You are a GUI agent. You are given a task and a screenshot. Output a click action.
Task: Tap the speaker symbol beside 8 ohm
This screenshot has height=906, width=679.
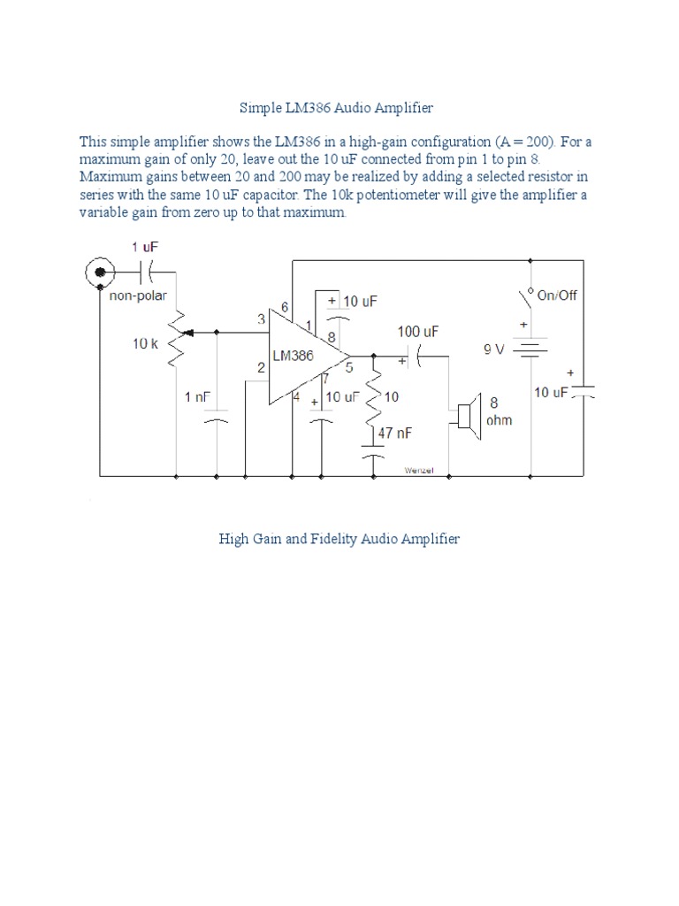click(466, 414)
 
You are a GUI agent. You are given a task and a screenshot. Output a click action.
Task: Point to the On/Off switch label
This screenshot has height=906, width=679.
click(556, 295)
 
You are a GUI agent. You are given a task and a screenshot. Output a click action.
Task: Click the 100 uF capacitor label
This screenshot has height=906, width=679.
click(417, 331)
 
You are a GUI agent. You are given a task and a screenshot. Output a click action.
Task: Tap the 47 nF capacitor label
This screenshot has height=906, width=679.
click(394, 434)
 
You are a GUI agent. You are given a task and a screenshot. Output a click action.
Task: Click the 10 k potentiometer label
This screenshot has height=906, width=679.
click(146, 343)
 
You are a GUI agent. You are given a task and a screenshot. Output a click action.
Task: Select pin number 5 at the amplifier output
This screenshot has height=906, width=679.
click(348, 366)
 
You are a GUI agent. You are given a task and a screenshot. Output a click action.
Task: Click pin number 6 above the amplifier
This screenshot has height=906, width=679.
click(285, 307)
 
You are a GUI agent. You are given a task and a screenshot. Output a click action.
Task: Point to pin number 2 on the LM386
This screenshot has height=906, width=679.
click(262, 367)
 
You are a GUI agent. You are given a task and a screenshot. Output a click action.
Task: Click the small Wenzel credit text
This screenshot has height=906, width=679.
click(418, 470)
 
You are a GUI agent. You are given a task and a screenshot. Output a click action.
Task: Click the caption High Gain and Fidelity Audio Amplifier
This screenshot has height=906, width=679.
click(339, 539)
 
